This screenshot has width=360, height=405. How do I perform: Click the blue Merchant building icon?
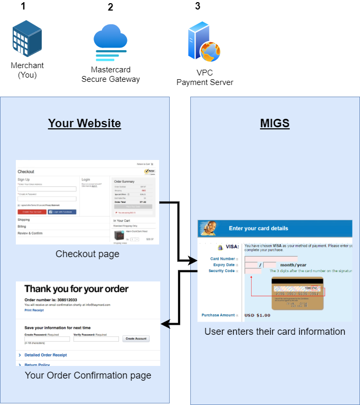[x=27, y=38]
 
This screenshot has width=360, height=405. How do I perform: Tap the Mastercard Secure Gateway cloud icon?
[x=110, y=43]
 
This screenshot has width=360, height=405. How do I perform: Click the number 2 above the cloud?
[x=110, y=7]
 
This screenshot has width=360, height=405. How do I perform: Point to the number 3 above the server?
[x=198, y=6]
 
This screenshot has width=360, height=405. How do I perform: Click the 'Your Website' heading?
[x=85, y=124]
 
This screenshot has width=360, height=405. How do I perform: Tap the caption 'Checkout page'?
[x=87, y=254]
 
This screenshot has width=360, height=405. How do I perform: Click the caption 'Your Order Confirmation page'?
[x=88, y=375]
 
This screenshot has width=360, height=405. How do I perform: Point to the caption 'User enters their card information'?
[x=274, y=332]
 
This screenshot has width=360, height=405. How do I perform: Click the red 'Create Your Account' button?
[x=31, y=212]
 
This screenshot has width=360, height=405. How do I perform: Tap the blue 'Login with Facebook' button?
[x=62, y=212]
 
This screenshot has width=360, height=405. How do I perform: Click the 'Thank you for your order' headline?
[x=76, y=289]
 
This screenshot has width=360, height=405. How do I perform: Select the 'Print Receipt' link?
[x=34, y=310]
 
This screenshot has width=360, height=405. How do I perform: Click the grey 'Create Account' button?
[x=136, y=338]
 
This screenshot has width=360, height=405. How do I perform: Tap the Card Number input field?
[x=264, y=258]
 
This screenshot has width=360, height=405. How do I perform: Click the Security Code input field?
[x=253, y=271]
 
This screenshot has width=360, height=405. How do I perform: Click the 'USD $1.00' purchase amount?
[x=257, y=315]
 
